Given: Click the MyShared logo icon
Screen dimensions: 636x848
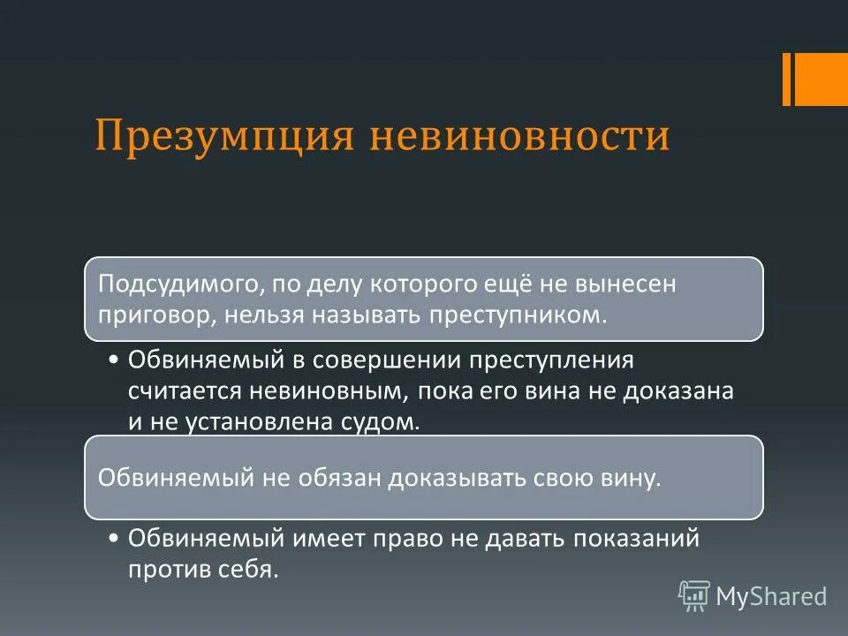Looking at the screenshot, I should coord(694,596).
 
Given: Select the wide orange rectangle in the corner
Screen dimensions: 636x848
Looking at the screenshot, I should coord(822,79).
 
